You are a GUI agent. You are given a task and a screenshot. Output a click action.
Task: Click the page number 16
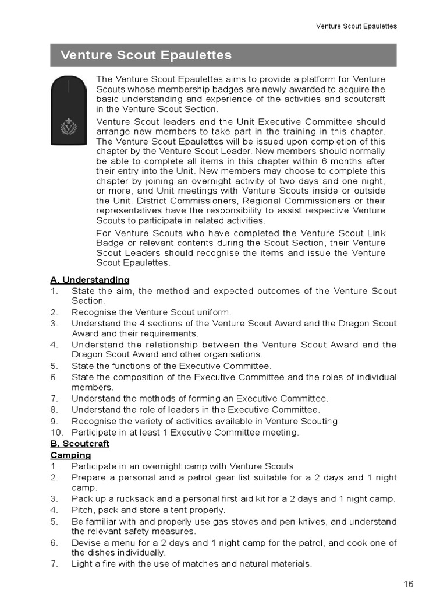408,584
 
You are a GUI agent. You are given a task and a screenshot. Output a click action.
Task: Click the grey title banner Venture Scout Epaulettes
223,55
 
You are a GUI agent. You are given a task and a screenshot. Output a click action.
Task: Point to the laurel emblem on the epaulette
69,127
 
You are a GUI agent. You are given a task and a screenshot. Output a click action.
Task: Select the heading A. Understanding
90,280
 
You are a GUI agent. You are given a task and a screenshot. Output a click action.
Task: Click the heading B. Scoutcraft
80,444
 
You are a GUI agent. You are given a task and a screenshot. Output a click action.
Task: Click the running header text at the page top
356,26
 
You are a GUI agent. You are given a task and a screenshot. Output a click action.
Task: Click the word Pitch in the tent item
82,510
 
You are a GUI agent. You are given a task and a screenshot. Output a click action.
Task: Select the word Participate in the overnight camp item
95,466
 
